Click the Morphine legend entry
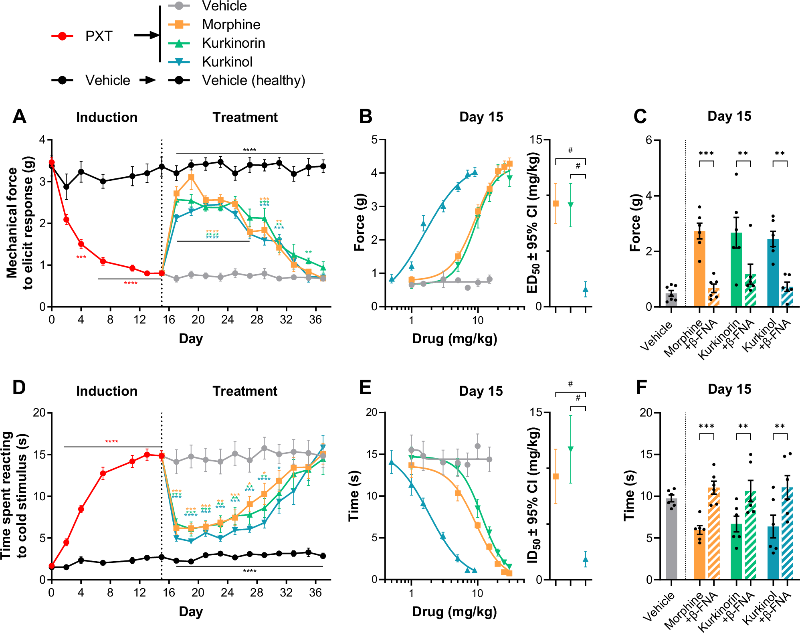pyautogui.click(x=231, y=25)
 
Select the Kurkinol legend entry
pyautogui.click(x=227, y=62)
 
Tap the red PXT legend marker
pyautogui.click(x=62, y=36)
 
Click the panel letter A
pyautogui.click(x=19, y=117)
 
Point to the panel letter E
pyautogui.click(x=365, y=388)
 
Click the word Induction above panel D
pyautogui.click(x=107, y=391)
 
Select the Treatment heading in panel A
pyautogui.click(x=245, y=117)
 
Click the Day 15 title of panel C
pyautogui.click(x=729, y=116)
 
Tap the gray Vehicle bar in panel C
pyautogui.click(x=671, y=300)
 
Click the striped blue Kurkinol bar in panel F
pyautogui.click(x=787, y=533)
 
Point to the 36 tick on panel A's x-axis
pyautogui.click(x=315, y=320)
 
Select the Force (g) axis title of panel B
pyautogui.click(x=359, y=222)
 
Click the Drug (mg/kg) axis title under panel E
pyautogui.click(x=454, y=612)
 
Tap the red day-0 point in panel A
pyautogui.click(x=51, y=162)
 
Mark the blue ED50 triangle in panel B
pyautogui.click(x=585, y=289)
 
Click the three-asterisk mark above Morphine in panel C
pyautogui.click(x=706, y=154)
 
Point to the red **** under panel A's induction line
pyautogui.click(x=131, y=283)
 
